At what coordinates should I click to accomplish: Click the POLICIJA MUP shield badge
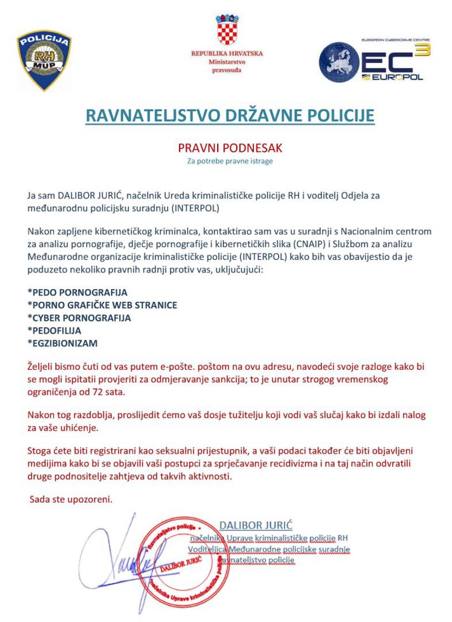(x=44, y=61)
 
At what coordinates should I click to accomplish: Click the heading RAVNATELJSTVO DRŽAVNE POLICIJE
(x=230, y=115)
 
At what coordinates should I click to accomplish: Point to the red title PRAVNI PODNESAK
(x=230, y=148)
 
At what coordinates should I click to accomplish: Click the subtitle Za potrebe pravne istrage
(x=230, y=161)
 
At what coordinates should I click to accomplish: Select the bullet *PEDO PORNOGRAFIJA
(x=77, y=293)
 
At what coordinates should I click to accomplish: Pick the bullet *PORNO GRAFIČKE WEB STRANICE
(x=102, y=305)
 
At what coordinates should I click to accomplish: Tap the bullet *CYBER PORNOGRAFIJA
(x=79, y=318)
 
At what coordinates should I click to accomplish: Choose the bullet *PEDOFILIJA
(x=54, y=331)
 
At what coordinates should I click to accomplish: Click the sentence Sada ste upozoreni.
(x=71, y=499)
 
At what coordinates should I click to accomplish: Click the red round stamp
(x=186, y=562)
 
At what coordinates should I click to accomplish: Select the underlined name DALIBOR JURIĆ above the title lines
(x=256, y=525)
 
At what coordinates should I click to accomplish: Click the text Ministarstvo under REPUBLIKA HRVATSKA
(x=227, y=62)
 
